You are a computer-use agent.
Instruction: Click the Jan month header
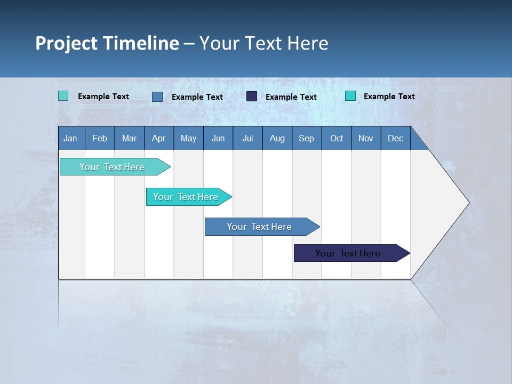[70, 138]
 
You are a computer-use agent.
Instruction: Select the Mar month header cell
[129, 138]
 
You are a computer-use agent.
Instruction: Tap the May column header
[188, 138]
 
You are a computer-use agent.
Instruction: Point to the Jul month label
[247, 138]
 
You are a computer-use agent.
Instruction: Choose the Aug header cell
[277, 138]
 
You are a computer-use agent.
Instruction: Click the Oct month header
[337, 138]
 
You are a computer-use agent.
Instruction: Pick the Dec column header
[395, 138]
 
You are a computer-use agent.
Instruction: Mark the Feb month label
[100, 138]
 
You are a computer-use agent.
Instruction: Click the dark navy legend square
[252, 97]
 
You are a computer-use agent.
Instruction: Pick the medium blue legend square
[157, 97]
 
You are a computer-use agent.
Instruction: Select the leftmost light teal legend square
[63, 96]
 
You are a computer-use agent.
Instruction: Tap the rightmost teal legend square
[350, 96]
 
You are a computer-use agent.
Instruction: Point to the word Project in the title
[66, 43]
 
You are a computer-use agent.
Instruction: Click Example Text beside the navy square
[291, 97]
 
